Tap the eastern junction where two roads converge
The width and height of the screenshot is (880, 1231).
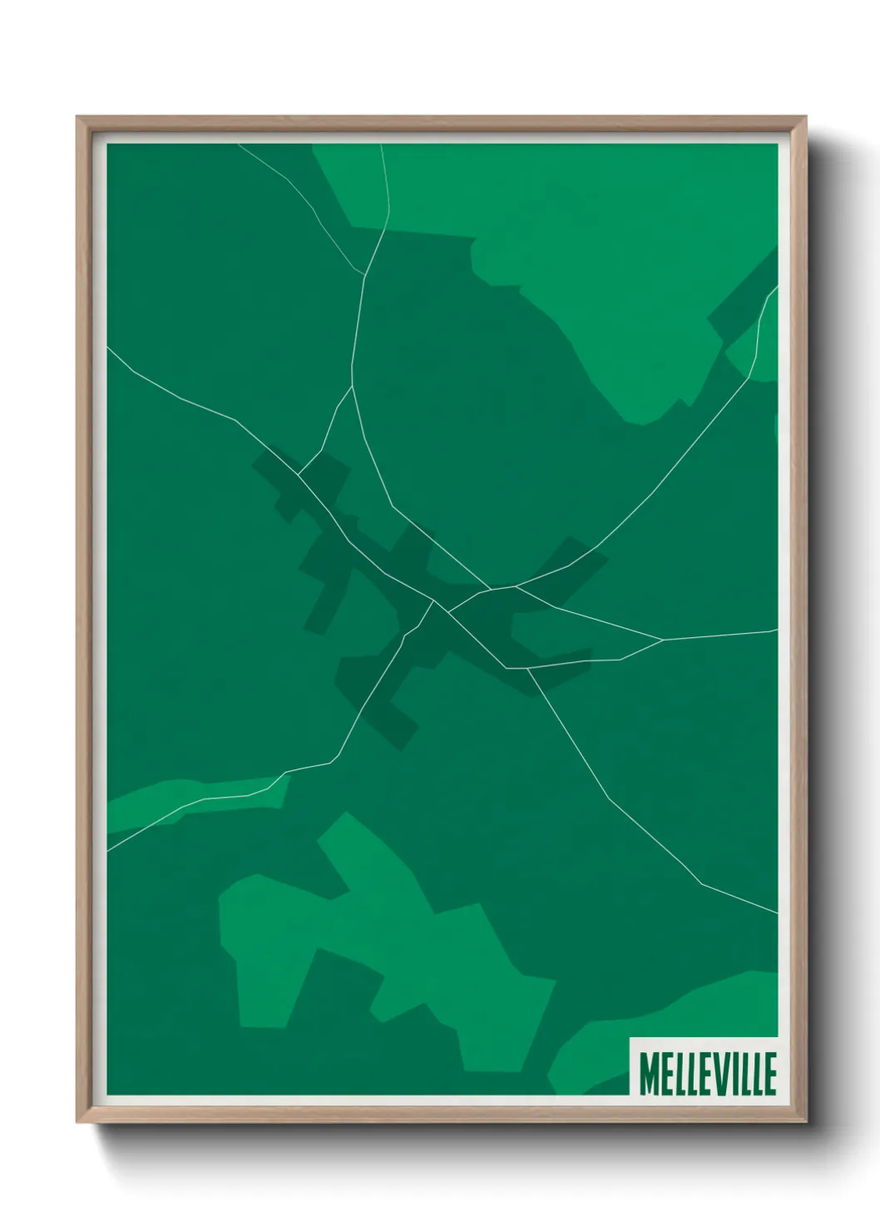(662, 640)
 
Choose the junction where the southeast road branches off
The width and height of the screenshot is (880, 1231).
(529, 668)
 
